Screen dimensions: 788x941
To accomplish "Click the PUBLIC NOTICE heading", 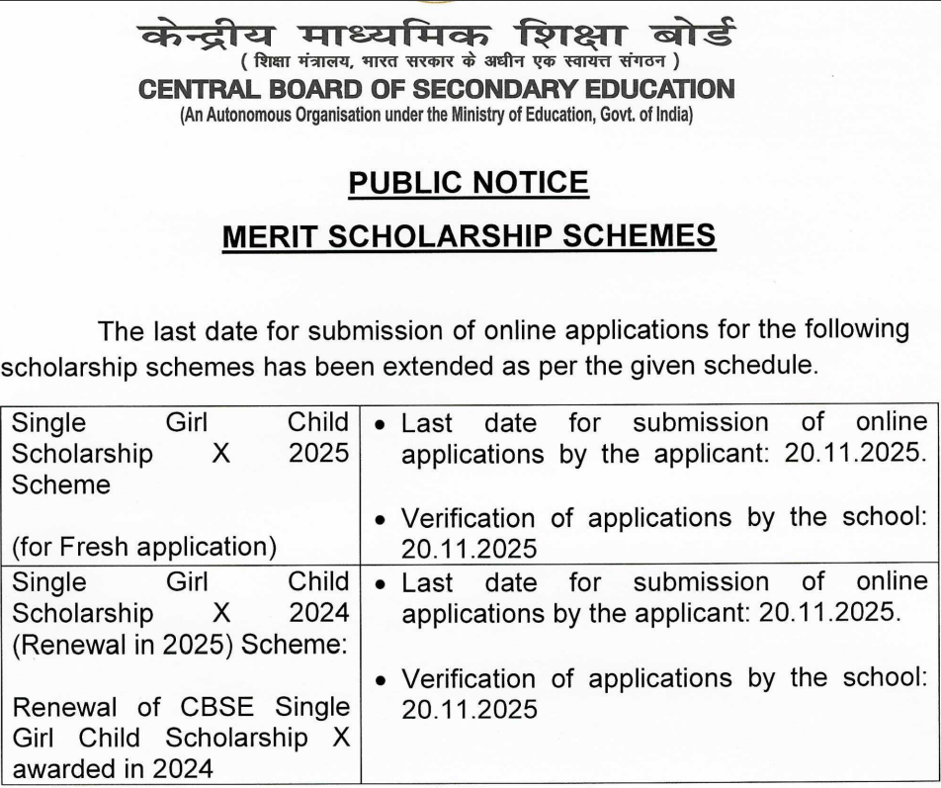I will (x=469, y=182).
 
